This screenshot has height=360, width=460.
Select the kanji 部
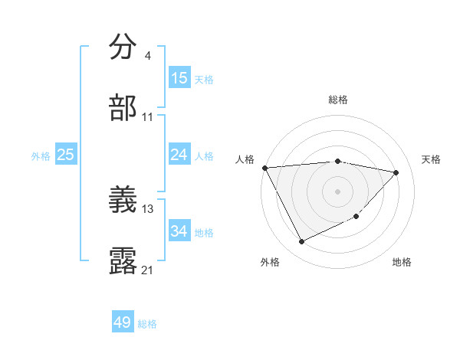(x=123, y=107)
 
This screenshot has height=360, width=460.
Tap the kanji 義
(x=123, y=199)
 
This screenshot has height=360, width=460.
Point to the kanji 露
(x=123, y=260)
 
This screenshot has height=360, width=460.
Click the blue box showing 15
(x=179, y=78)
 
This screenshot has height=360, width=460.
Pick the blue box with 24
(x=179, y=155)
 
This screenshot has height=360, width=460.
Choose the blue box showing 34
(x=179, y=231)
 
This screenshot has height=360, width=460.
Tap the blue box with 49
(x=123, y=322)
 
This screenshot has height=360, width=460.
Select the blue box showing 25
(x=65, y=155)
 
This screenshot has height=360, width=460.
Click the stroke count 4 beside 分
(x=147, y=55)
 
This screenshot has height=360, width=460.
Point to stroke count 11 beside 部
(x=148, y=116)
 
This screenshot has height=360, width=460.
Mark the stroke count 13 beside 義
(x=148, y=208)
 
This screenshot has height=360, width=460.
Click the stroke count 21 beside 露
(x=148, y=270)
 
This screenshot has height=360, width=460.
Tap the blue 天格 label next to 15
(x=204, y=79)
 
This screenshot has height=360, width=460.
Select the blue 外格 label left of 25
(x=41, y=155)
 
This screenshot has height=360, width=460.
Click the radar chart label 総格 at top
(x=337, y=100)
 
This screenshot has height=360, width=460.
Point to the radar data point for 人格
(x=264, y=168)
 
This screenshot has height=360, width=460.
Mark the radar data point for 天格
(x=396, y=172)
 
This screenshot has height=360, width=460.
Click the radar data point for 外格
(x=301, y=242)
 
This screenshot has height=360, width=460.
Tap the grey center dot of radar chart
(x=337, y=191)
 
